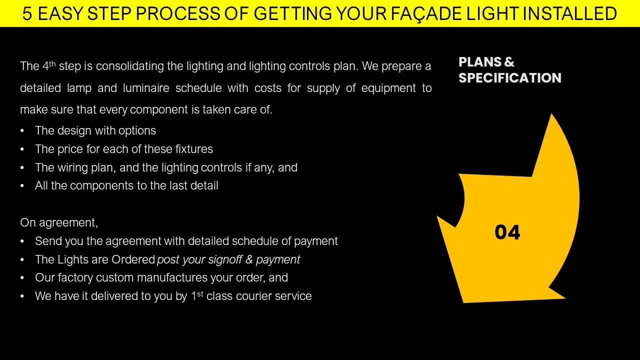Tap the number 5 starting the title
click(27, 13)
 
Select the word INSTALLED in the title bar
click(569, 13)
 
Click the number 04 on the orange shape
click(507, 232)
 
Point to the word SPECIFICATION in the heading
click(510, 77)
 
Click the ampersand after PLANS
click(509, 61)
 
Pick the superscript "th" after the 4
click(52, 63)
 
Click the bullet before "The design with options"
click(22, 131)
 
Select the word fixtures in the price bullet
click(194, 149)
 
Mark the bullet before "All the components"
click(22, 186)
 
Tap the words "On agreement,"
click(59, 223)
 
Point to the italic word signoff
click(225, 259)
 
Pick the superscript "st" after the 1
click(200, 293)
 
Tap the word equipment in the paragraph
click(388, 88)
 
